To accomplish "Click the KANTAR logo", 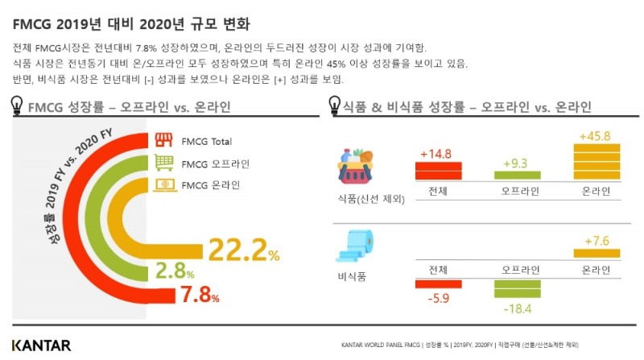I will [x=41, y=345].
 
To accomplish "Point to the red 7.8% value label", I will [x=199, y=295].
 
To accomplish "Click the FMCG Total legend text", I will [x=207, y=141].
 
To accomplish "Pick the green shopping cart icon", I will [x=164, y=163].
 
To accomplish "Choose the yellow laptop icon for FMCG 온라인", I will [x=164, y=185].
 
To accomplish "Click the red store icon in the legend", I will [x=164, y=140].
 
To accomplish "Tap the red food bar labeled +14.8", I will [x=438, y=170].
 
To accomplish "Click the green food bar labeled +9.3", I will [x=517, y=175].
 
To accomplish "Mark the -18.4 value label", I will [x=517, y=310].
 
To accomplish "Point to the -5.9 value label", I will [x=438, y=298].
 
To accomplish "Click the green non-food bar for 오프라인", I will [x=517, y=289].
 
